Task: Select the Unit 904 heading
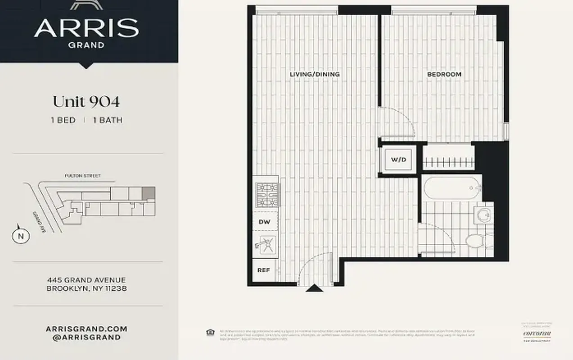86,102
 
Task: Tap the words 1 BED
63,120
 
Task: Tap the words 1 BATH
108,120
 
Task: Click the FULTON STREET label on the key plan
83,176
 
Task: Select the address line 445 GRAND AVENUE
87,280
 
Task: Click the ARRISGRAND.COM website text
86,329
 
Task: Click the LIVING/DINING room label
315,74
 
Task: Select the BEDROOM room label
444,74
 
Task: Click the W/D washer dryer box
397,159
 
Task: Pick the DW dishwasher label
264,222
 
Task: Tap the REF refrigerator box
264,270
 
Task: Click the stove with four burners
267,194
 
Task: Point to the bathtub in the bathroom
451,188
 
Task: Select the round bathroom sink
484,214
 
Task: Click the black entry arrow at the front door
314,288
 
